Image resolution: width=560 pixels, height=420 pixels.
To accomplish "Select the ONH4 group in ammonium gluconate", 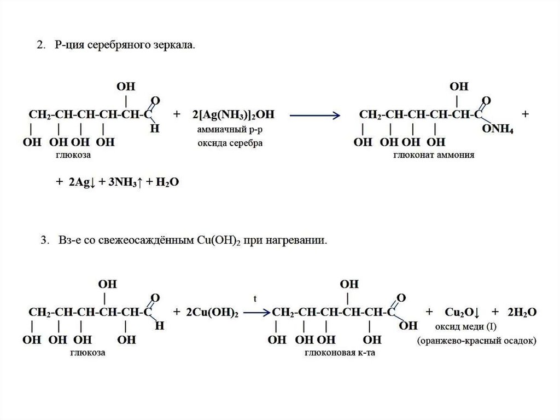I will point(497,129).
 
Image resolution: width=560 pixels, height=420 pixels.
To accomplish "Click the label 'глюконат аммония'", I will point(434,156).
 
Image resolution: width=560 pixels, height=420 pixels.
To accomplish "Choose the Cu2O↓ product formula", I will point(462,312).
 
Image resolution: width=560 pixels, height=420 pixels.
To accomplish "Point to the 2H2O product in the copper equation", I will point(521,312).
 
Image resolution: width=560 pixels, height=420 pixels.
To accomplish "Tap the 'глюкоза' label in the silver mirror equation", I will point(72,156).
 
